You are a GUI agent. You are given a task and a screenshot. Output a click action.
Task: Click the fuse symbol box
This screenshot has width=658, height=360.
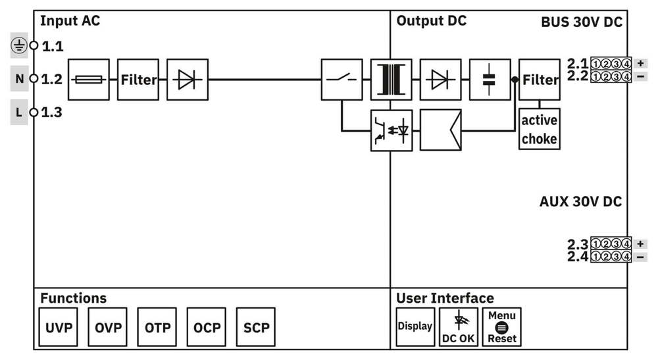tap(88, 80)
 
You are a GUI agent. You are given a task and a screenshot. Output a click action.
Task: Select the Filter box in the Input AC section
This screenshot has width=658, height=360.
tap(138, 80)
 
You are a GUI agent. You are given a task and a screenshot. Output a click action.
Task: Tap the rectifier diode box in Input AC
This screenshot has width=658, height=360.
tap(188, 80)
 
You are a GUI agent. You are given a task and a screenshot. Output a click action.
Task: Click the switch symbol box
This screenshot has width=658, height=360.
tap(342, 80)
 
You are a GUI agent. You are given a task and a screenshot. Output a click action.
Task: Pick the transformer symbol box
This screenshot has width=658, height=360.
tap(391, 80)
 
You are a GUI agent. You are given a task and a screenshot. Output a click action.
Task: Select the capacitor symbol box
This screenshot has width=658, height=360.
tap(490, 80)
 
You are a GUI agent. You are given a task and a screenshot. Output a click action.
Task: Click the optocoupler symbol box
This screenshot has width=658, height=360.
tap(391, 130)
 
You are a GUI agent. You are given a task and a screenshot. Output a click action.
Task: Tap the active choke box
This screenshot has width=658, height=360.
tap(540, 130)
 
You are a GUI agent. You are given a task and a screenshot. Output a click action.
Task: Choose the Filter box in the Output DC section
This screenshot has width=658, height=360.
tap(540, 80)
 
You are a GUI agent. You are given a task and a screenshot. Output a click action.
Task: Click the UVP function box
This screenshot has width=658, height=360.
tap(59, 327)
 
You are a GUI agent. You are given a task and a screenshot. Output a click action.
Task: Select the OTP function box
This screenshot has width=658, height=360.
tap(157, 327)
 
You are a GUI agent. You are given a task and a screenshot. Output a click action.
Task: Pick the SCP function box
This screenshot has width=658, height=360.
tap(256, 327)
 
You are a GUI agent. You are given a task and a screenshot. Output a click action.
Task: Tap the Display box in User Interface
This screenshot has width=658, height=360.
tap(415, 326)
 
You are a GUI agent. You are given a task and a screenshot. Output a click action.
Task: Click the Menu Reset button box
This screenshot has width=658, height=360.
tap(502, 327)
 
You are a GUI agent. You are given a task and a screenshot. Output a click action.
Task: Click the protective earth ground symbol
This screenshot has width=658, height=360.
tap(20, 46)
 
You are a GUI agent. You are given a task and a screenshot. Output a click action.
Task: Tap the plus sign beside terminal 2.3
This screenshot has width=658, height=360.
tap(640, 244)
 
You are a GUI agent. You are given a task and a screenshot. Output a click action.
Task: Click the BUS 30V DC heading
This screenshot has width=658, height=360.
tap(581, 22)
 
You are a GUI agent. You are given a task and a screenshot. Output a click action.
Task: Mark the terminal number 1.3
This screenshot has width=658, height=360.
tap(52, 113)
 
